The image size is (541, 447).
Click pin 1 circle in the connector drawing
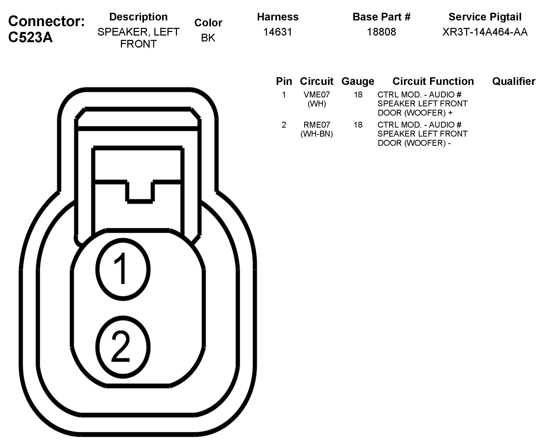123,269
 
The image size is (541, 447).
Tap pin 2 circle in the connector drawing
123,347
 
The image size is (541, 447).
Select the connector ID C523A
30,37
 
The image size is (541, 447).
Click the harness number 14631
278,32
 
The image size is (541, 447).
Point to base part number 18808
381,32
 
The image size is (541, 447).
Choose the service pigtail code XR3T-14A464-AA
485,32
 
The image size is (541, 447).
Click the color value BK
208,38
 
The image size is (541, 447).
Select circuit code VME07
317,95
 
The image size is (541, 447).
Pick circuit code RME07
317,125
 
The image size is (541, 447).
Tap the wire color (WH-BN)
317,134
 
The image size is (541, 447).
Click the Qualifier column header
513,81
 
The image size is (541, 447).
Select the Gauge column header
358,81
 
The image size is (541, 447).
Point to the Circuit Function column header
433,81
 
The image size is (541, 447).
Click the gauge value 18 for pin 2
358,125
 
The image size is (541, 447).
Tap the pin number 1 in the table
284,95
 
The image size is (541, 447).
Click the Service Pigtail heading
485,17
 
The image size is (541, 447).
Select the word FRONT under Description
138,44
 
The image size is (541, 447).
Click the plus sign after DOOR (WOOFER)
450,113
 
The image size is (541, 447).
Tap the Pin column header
284,81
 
